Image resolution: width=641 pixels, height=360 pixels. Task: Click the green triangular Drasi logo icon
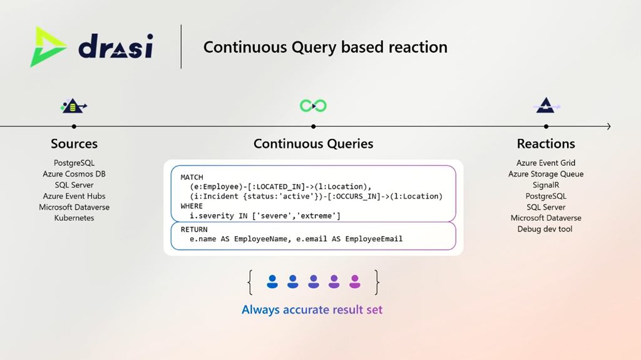pos(48,46)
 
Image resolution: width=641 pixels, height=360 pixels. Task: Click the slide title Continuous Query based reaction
pos(325,47)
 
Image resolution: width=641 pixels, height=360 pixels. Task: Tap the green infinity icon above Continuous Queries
pos(313,106)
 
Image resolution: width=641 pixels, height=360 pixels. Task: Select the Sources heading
pos(74,144)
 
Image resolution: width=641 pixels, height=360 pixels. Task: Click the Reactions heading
pos(546,144)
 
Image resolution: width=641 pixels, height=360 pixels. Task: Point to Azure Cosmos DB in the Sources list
pos(74,174)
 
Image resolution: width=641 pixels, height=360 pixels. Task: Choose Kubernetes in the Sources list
pos(74,218)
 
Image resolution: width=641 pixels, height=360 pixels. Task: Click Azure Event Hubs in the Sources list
pos(74,196)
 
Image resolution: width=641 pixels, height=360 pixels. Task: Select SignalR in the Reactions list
pos(546,185)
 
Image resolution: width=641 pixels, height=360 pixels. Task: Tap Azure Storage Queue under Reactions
pos(546,174)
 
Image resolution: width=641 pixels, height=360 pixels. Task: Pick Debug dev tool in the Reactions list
pos(546,229)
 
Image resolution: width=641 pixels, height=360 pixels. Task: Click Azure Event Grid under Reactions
pos(546,163)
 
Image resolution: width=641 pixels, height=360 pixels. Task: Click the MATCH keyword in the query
pos(192,177)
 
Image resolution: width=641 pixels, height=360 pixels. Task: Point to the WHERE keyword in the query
pos(192,206)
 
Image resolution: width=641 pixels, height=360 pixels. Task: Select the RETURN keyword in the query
pos(194,230)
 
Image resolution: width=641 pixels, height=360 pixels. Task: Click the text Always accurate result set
pos(312,309)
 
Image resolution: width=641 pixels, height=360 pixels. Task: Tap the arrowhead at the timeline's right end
pos(608,126)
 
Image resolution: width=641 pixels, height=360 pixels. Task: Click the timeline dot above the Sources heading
pos(74,126)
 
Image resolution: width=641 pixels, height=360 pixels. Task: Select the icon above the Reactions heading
pos(546,106)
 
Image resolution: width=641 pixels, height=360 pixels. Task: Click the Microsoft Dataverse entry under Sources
pos(74,207)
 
